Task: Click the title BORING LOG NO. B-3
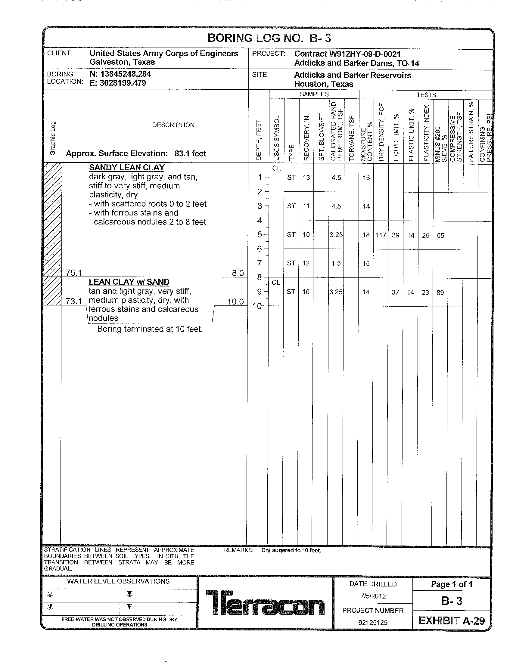pos(269,38)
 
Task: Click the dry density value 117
pos(381,235)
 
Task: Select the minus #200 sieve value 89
pos(440,292)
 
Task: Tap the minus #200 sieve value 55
pos(440,236)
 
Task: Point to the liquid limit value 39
pos(395,235)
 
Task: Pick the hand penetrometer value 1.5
pos(336,263)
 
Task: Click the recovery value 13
pos(306,178)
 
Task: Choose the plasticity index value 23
pos(425,292)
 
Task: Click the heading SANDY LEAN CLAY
pos(127,168)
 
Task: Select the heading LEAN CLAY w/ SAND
pos(129,282)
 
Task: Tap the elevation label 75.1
pos(74,273)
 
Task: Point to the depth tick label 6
pos(259,249)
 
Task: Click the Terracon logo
pos(265,603)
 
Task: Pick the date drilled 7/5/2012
pos(373,596)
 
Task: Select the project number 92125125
pos(373,623)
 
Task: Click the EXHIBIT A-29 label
pos(452,621)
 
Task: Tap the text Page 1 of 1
pos(452,584)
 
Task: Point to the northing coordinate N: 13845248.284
pos(120,74)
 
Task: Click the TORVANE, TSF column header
pos(351,138)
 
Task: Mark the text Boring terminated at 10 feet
pos(150,329)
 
